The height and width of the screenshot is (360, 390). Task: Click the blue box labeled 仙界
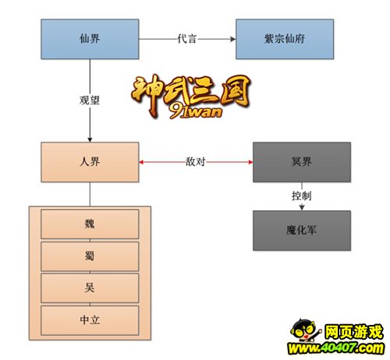pos(90,39)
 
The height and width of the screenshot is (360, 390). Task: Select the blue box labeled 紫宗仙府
pos(285,39)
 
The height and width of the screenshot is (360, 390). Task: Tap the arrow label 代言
pos(186,39)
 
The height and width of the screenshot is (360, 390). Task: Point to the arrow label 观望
pos(90,100)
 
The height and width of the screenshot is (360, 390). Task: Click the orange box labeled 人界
pos(90,162)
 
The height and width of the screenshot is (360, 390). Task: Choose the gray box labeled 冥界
pos(302,162)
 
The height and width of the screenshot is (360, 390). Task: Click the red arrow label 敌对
pos(195,161)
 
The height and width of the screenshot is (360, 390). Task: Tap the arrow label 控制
pos(301,196)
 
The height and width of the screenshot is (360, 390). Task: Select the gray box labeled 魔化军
pos(302,231)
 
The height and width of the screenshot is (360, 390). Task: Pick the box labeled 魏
pos(90,224)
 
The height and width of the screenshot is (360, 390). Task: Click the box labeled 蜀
pos(90,256)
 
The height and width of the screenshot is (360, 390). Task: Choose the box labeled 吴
pos(90,288)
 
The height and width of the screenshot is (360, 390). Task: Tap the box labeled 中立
pos(90,320)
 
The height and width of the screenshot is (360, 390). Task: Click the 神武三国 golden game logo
pos(190,96)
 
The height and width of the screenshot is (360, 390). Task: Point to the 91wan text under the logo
pos(196,111)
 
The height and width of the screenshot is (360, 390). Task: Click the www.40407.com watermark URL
pos(335,348)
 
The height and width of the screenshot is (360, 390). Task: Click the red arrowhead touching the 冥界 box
pos(250,162)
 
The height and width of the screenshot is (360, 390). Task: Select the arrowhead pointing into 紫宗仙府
pos(233,39)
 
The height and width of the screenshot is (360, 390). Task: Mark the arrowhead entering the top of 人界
pos(90,139)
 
